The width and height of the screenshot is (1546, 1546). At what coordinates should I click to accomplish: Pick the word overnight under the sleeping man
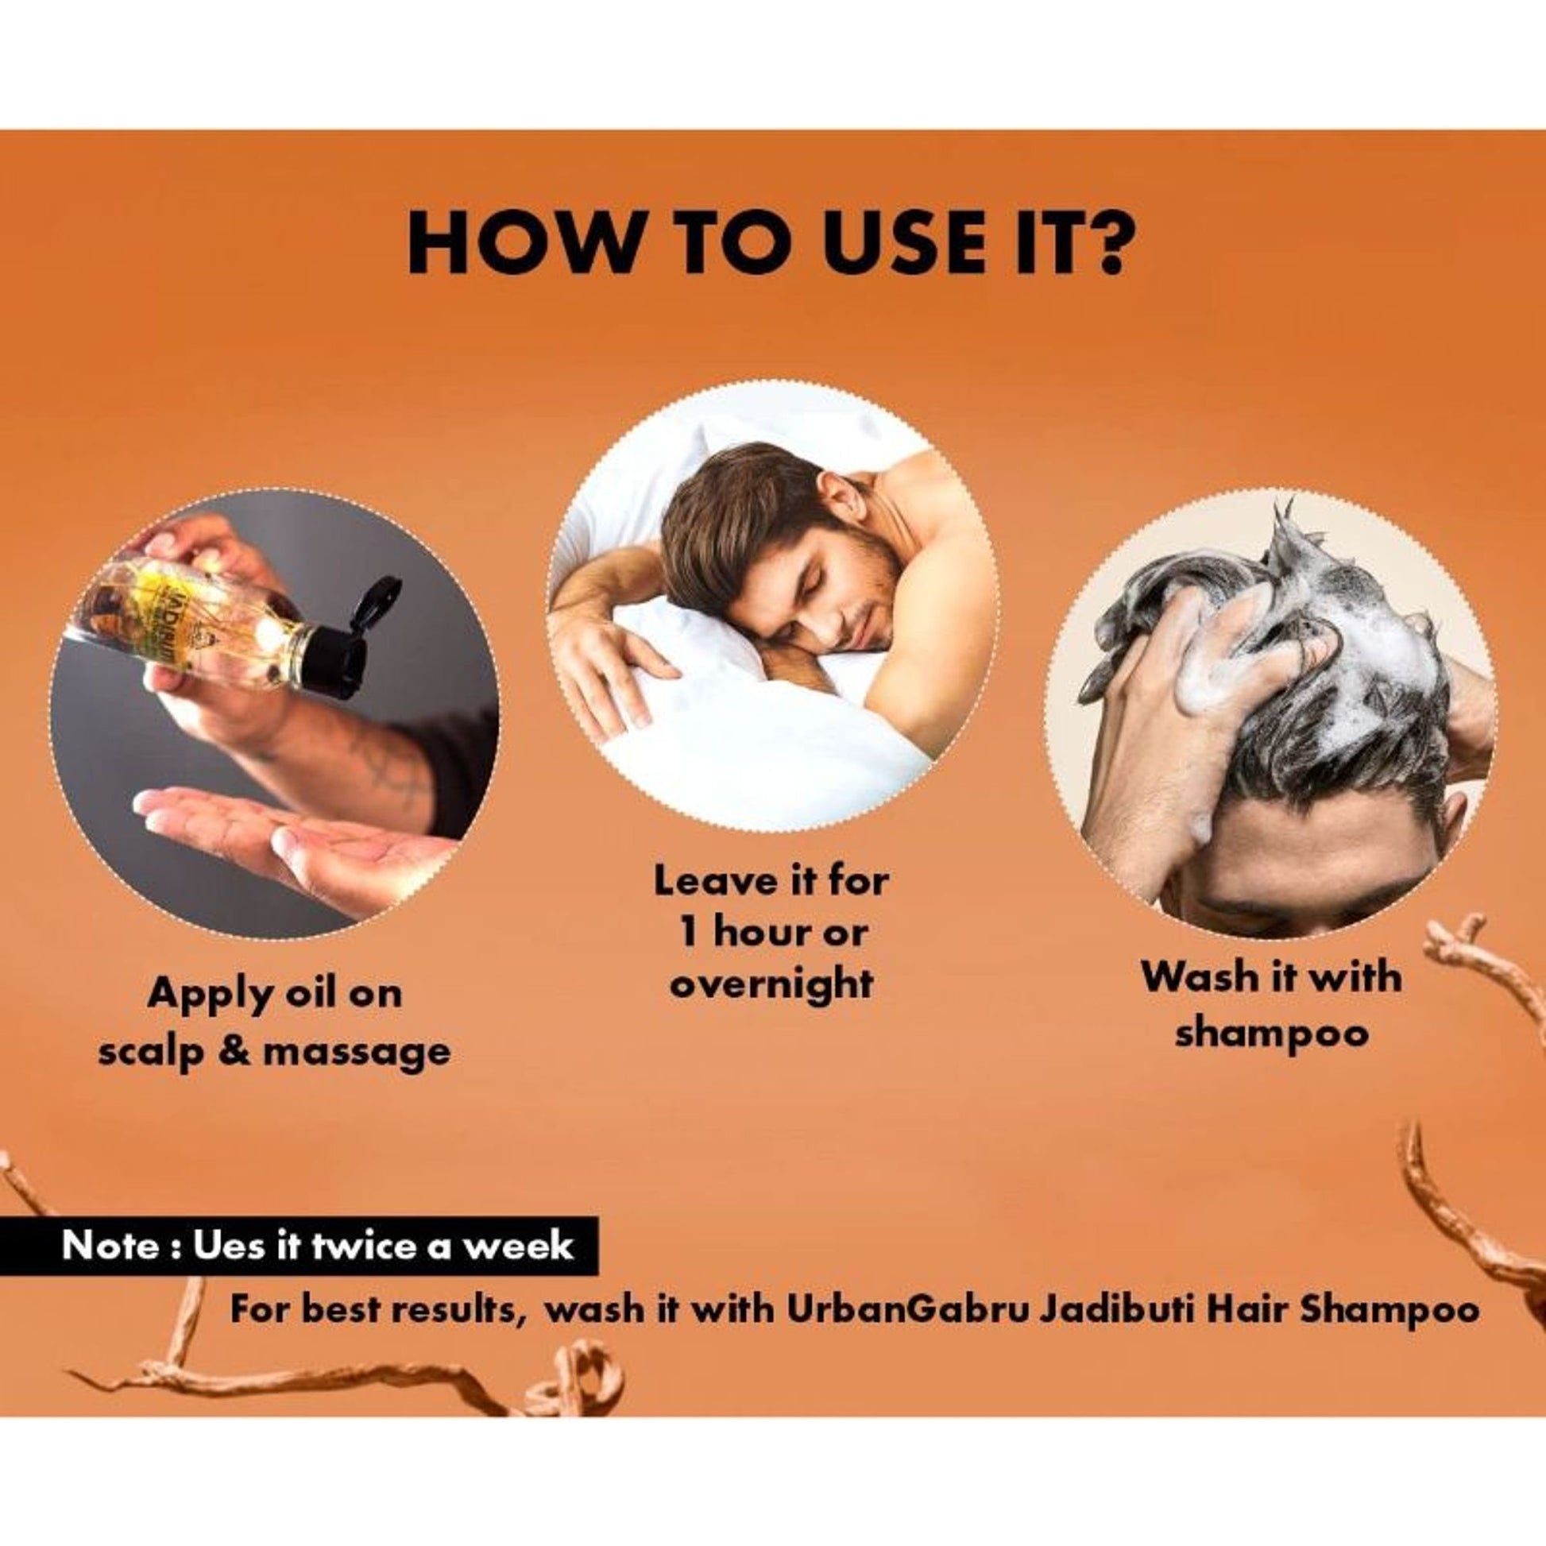[771, 983]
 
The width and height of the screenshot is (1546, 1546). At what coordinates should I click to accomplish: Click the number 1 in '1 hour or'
[686, 931]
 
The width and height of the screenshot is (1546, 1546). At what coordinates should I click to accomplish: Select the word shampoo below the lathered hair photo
[1272, 1035]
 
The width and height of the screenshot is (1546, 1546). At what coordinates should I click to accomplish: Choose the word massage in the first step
[356, 1054]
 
